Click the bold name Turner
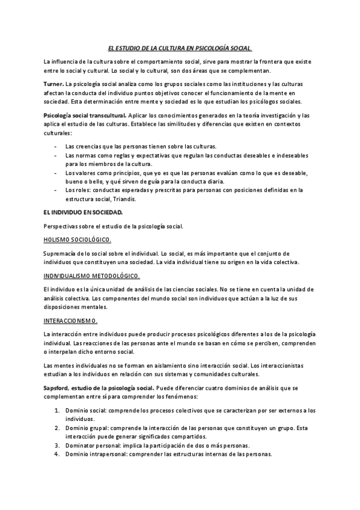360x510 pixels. tap(53, 83)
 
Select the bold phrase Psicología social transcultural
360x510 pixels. tap(85, 115)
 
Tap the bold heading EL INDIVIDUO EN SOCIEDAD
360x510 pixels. tap(84, 212)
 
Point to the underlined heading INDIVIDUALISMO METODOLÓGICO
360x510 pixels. tap(92, 275)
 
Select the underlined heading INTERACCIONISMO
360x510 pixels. tap(71, 320)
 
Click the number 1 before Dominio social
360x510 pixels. tap(56, 410)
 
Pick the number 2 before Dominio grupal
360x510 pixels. tap(56, 428)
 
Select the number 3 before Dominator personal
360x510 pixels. tap(56, 446)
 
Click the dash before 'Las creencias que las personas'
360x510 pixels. tap(55, 146)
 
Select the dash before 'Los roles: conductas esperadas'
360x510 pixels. tap(55, 190)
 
